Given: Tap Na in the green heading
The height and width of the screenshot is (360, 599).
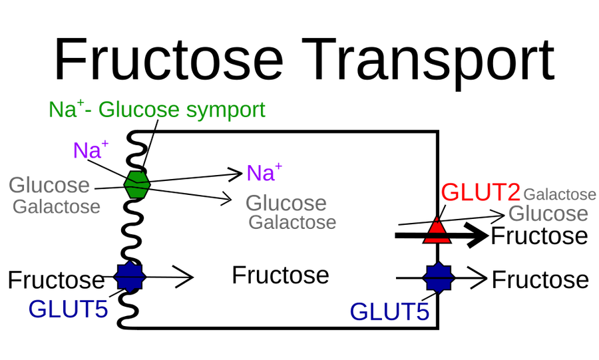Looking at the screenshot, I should click(61, 110).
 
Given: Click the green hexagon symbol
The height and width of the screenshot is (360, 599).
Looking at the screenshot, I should click(137, 184).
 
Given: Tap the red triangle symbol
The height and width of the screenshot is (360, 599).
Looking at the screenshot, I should click(437, 230).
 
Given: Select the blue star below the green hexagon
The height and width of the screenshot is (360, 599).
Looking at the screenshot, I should click(130, 277).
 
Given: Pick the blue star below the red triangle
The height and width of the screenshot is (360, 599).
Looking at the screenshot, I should click(438, 277).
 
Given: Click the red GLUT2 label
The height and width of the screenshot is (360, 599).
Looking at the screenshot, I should click(480, 193).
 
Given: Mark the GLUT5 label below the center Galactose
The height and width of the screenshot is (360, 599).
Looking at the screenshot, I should click(390, 311).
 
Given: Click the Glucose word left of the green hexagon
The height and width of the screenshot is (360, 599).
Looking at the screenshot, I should click(49, 185).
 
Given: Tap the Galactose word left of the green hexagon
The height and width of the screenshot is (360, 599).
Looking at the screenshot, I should click(57, 207).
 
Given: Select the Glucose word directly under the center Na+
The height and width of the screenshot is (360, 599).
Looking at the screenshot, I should click(286, 203).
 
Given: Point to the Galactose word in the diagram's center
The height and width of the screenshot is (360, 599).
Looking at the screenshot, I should click(292, 222).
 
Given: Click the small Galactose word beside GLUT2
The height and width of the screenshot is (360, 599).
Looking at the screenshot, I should click(559, 195).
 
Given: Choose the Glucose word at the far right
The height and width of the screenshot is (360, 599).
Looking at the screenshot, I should click(548, 214).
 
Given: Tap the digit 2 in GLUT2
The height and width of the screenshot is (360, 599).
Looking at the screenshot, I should click(512, 193).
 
